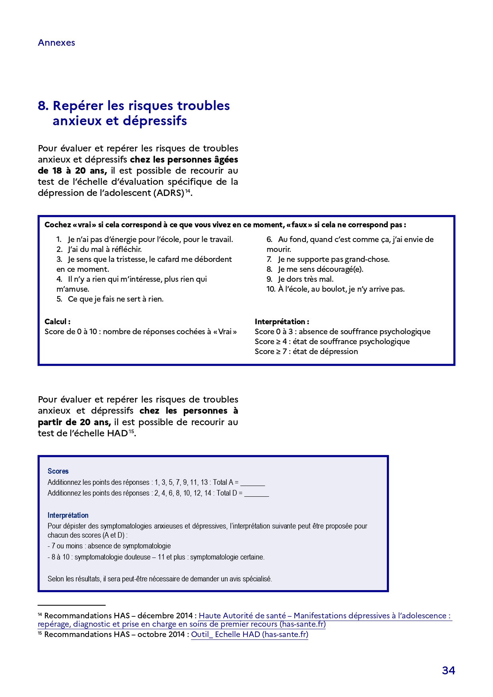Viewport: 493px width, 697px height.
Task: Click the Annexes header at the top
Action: [56, 43]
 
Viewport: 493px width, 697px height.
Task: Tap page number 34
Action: [448, 670]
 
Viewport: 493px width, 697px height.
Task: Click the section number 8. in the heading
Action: [43, 106]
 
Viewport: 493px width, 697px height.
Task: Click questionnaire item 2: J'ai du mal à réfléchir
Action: [104, 250]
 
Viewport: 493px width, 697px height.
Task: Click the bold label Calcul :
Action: [58, 322]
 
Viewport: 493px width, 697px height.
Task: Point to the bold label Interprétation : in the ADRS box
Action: [282, 322]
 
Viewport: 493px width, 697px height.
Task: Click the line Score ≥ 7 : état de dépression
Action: [306, 352]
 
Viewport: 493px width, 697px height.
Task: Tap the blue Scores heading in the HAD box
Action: [58, 471]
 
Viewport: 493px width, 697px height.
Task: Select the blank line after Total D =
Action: [257, 494]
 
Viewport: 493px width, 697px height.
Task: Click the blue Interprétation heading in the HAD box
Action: [68, 515]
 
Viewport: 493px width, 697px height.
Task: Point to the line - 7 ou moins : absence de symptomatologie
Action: [109, 546]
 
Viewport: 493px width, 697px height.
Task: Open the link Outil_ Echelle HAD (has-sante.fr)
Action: [249, 635]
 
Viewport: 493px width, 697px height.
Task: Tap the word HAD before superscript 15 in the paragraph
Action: [117, 434]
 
